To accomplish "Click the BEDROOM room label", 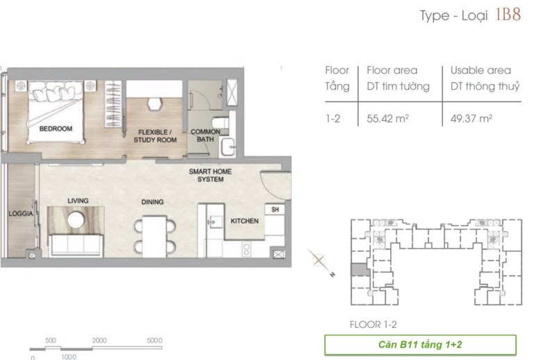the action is (x=56, y=129).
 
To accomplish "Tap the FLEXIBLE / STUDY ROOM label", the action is (x=155, y=136).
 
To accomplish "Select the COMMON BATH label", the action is (x=205, y=135).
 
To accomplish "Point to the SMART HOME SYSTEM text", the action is (x=211, y=175).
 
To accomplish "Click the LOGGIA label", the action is (x=21, y=213).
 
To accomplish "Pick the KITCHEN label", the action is (x=245, y=221).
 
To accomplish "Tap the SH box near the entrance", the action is (x=275, y=210).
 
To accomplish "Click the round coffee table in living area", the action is (x=76, y=220).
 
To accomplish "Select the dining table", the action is (x=154, y=236).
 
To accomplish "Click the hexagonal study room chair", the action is (x=155, y=104).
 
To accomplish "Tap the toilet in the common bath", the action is (x=220, y=122).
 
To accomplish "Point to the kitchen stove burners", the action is (x=247, y=249).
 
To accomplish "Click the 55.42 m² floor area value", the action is (x=387, y=118).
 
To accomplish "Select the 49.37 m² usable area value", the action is (x=471, y=118).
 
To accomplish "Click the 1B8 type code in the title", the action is (x=508, y=15).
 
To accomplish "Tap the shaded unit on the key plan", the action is (x=360, y=270).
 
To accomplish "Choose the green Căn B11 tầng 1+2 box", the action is (x=420, y=345).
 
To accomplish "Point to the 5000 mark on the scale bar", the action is (x=154, y=341).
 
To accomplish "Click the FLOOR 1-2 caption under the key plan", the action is (x=373, y=325).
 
